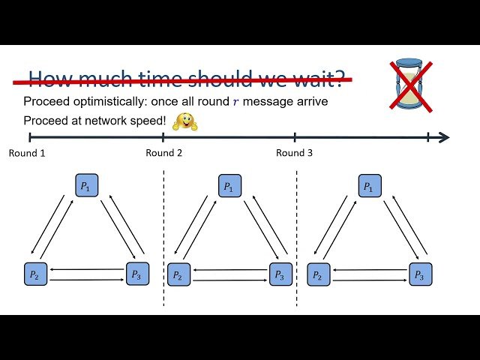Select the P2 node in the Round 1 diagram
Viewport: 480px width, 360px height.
pos(34,274)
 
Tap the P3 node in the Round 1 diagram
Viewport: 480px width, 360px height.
pos(137,274)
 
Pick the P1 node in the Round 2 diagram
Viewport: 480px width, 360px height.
pos(229,186)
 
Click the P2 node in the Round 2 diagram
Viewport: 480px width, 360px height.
pos(178,274)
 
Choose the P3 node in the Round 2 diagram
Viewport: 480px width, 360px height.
pos(280,274)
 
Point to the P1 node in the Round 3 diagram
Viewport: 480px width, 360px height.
pos(370,186)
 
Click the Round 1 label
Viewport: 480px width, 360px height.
pos(27,153)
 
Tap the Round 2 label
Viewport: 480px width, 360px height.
pos(164,153)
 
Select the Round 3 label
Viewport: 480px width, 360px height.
pos(295,153)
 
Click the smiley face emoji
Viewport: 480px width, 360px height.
pos(184,121)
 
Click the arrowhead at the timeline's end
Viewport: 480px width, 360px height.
pos(444,137)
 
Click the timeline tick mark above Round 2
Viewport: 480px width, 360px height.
pos(163,137)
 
